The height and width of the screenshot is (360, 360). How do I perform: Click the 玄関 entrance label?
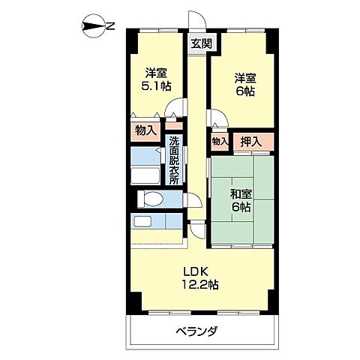point(199,43)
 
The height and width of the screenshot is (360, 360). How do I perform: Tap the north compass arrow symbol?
point(91,27)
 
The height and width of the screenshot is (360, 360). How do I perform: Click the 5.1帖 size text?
point(156,87)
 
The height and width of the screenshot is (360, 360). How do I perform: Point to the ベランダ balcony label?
point(197,330)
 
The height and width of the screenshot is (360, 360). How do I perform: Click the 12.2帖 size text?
point(198,285)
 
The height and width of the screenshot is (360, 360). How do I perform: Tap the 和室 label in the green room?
point(240,193)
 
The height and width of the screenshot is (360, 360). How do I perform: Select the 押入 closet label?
point(251,140)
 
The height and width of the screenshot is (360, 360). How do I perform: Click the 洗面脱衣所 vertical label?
point(174,160)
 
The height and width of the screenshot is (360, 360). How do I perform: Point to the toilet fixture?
point(152,199)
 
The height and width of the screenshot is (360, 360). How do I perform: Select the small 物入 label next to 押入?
point(220,141)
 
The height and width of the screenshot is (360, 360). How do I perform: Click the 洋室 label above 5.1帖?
point(156,73)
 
